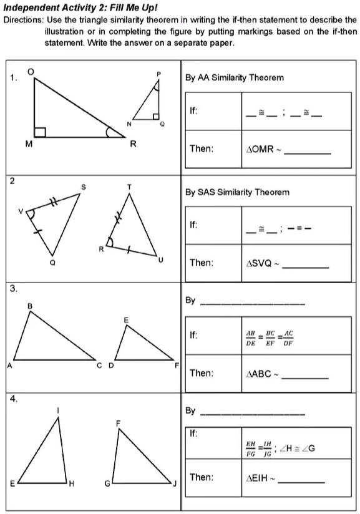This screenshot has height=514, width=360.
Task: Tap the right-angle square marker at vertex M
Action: point(40,132)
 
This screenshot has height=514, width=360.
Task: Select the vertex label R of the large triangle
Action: point(132,144)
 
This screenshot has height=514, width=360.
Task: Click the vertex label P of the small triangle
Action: point(158,74)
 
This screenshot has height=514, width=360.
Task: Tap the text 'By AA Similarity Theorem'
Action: point(234,78)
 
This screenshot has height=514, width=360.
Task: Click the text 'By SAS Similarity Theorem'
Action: point(237,192)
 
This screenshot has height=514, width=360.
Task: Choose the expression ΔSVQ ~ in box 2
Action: point(265,263)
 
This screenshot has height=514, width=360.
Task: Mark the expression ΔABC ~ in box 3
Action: point(265,374)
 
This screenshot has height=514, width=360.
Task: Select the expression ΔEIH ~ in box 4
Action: point(263,478)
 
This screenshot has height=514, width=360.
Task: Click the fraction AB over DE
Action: point(251,338)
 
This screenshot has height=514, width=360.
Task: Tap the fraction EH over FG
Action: point(251,450)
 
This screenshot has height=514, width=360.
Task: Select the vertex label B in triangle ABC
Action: point(29,306)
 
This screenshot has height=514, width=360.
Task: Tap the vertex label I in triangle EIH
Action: point(59,410)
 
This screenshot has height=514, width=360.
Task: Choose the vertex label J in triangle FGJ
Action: point(177,483)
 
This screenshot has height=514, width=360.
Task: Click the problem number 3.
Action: point(12,288)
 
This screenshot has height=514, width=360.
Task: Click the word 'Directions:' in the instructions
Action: point(22,19)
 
